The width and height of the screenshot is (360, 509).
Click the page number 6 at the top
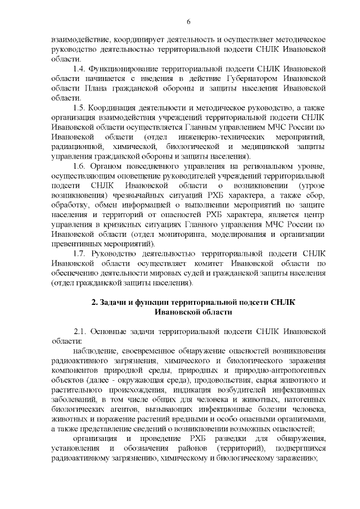point(188,21)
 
